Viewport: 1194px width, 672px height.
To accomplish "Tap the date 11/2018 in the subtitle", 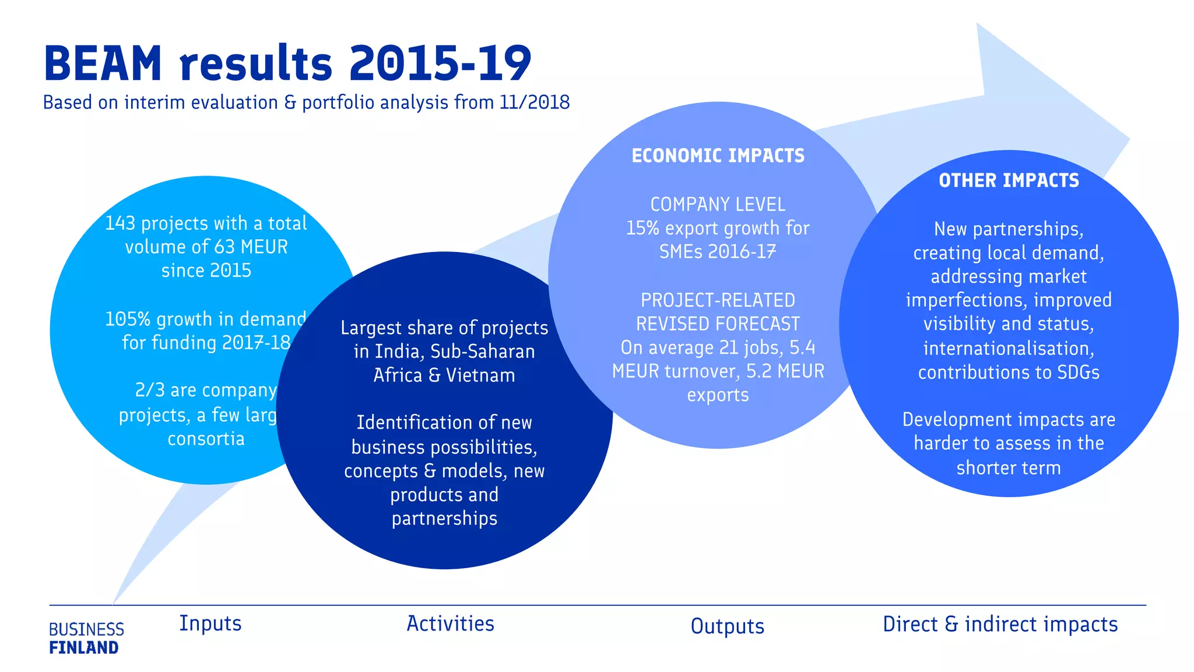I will tap(535, 102).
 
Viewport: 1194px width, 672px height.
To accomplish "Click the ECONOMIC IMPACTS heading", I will tap(718, 156).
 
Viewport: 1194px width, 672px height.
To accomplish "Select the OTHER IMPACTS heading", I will tap(1009, 181).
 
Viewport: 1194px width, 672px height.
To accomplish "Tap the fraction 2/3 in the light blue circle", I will tap(149, 390).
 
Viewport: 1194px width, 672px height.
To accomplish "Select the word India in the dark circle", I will tap(398, 351).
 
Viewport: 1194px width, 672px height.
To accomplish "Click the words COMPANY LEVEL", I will tap(718, 204).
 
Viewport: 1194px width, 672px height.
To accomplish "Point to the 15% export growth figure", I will tap(642, 228).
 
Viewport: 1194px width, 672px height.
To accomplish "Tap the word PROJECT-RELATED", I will tap(718, 300).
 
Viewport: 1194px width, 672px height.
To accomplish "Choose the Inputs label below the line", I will tap(210, 623).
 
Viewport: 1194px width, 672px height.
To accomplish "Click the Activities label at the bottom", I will tap(450, 624).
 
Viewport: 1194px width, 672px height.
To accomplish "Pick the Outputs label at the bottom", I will tap(727, 626).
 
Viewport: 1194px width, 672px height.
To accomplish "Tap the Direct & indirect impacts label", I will tap(1000, 624).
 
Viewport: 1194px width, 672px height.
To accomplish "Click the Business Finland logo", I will tap(86, 638).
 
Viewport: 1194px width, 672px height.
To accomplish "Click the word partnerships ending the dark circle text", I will tap(444, 519).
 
